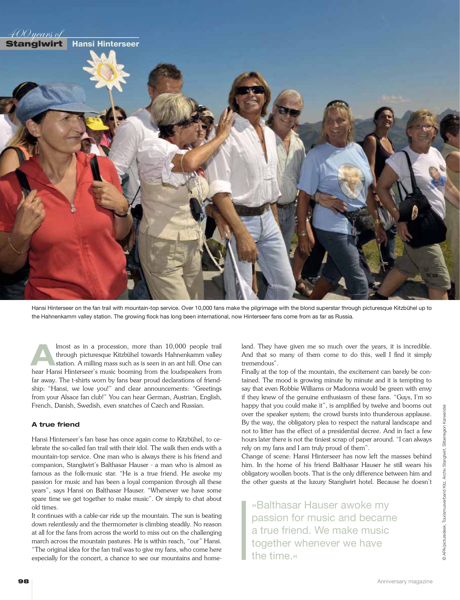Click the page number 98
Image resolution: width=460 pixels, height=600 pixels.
tap(23, 581)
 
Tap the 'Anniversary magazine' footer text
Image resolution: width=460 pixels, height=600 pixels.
tap(405, 581)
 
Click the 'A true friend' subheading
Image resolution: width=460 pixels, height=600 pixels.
tap(56, 424)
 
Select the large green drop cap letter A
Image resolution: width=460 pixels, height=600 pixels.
tap(43, 355)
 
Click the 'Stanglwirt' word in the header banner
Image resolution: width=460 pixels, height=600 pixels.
tap(34, 44)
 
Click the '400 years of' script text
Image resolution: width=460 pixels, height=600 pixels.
tap(36, 34)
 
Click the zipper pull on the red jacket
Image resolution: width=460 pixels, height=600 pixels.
tap(73, 210)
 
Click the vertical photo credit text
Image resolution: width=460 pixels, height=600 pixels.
tap(444, 482)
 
